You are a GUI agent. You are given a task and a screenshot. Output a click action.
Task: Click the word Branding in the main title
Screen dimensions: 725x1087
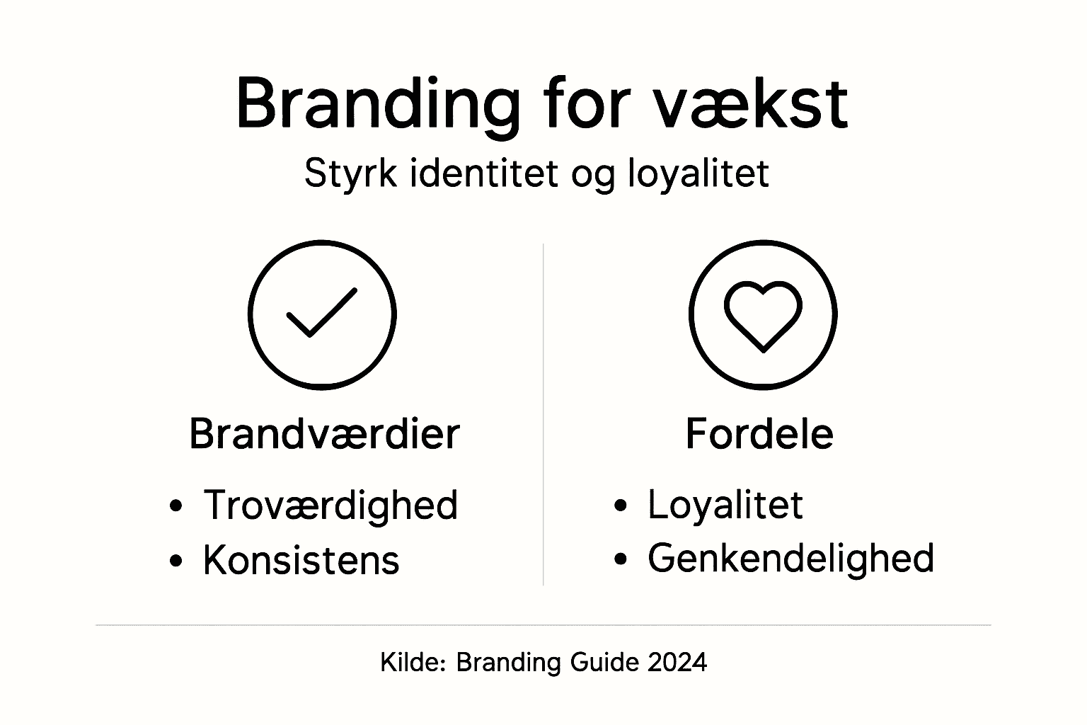point(376,105)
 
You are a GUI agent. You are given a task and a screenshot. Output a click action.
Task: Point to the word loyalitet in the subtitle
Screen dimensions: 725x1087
point(698,173)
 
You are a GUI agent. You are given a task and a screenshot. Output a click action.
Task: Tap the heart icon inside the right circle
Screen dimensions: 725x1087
point(763,314)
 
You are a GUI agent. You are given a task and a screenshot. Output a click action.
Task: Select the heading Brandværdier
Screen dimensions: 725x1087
point(324,433)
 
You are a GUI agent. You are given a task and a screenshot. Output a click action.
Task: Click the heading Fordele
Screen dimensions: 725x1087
point(759,433)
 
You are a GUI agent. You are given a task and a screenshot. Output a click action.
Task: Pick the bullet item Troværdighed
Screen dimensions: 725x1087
point(330,505)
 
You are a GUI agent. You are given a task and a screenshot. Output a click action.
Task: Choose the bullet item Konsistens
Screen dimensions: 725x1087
point(301,559)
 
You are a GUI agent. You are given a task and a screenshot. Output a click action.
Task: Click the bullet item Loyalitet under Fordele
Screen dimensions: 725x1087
point(725,505)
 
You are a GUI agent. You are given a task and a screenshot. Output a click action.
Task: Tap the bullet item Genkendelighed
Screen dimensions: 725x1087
point(790,558)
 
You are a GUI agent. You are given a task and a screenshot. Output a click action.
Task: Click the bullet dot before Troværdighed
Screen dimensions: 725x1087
point(176,507)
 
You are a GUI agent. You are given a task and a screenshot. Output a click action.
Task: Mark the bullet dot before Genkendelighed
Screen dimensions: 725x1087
point(621,559)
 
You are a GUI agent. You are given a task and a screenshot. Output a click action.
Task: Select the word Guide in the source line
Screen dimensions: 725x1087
point(600,662)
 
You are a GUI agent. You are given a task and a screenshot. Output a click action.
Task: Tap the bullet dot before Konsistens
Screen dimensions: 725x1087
point(176,561)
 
